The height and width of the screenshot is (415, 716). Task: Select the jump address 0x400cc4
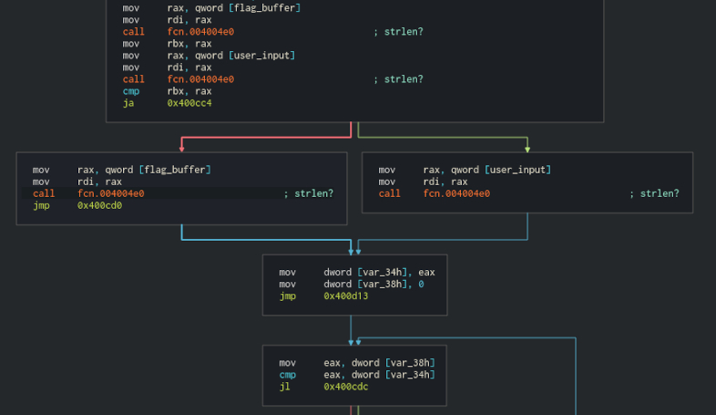click(x=189, y=103)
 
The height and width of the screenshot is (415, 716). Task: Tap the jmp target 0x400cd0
click(x=100, y=205)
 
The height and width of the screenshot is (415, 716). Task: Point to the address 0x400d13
click(x=346, y=296)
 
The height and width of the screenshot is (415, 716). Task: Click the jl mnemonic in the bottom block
click(x=284, y=387)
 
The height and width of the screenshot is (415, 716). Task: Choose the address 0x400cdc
click(x=346, y=387)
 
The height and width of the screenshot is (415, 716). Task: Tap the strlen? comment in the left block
click(x=313, y=193)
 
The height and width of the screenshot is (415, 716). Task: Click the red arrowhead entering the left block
click(x=182, y=148)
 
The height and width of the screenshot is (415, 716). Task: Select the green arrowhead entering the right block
click(x=527, y=148)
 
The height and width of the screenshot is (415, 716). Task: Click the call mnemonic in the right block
click(x=389, y=193)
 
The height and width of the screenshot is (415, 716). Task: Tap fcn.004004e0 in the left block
click(x=111, y=193)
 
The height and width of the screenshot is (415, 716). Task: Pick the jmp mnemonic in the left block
click(x=42, y=205)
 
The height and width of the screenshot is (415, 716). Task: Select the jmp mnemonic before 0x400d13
click(x=288, y=296)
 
